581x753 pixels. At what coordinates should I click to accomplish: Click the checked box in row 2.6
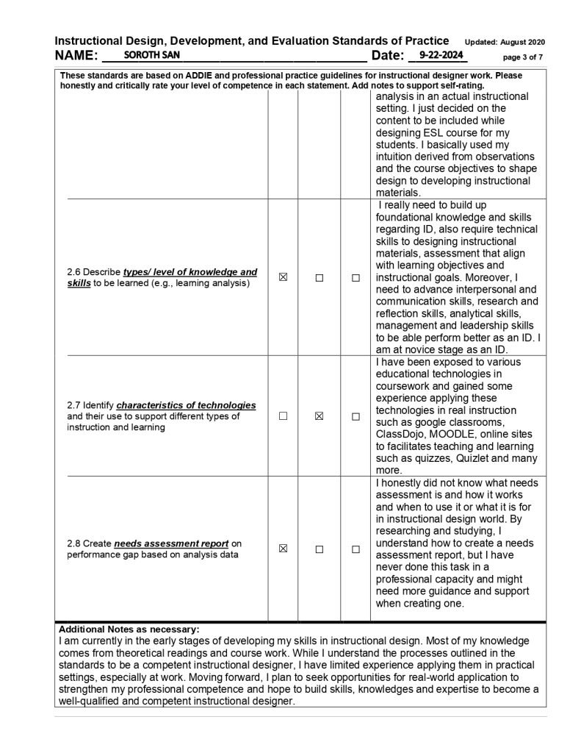click(283, 278)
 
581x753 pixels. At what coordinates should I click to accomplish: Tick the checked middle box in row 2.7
click(320, 416)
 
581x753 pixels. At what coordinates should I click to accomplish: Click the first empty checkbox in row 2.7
click(283, 416)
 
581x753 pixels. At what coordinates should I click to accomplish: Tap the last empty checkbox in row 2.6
click(356, 278)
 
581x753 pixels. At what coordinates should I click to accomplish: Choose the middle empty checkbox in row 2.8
click(320, 549)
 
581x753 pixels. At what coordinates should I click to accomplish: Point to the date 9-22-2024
click(439, 55)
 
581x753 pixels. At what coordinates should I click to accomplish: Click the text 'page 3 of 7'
click(523, 57)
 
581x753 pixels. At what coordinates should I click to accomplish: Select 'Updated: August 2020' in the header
click(505, 42)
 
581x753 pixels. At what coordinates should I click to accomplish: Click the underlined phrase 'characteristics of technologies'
click(186, 405)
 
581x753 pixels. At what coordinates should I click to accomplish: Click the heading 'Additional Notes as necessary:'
click(129, 629)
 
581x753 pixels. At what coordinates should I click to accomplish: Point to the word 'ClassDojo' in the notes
click(400, 434)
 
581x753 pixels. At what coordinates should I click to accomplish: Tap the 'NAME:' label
click(76, 56)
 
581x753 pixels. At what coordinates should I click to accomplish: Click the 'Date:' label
click(388, 56)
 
